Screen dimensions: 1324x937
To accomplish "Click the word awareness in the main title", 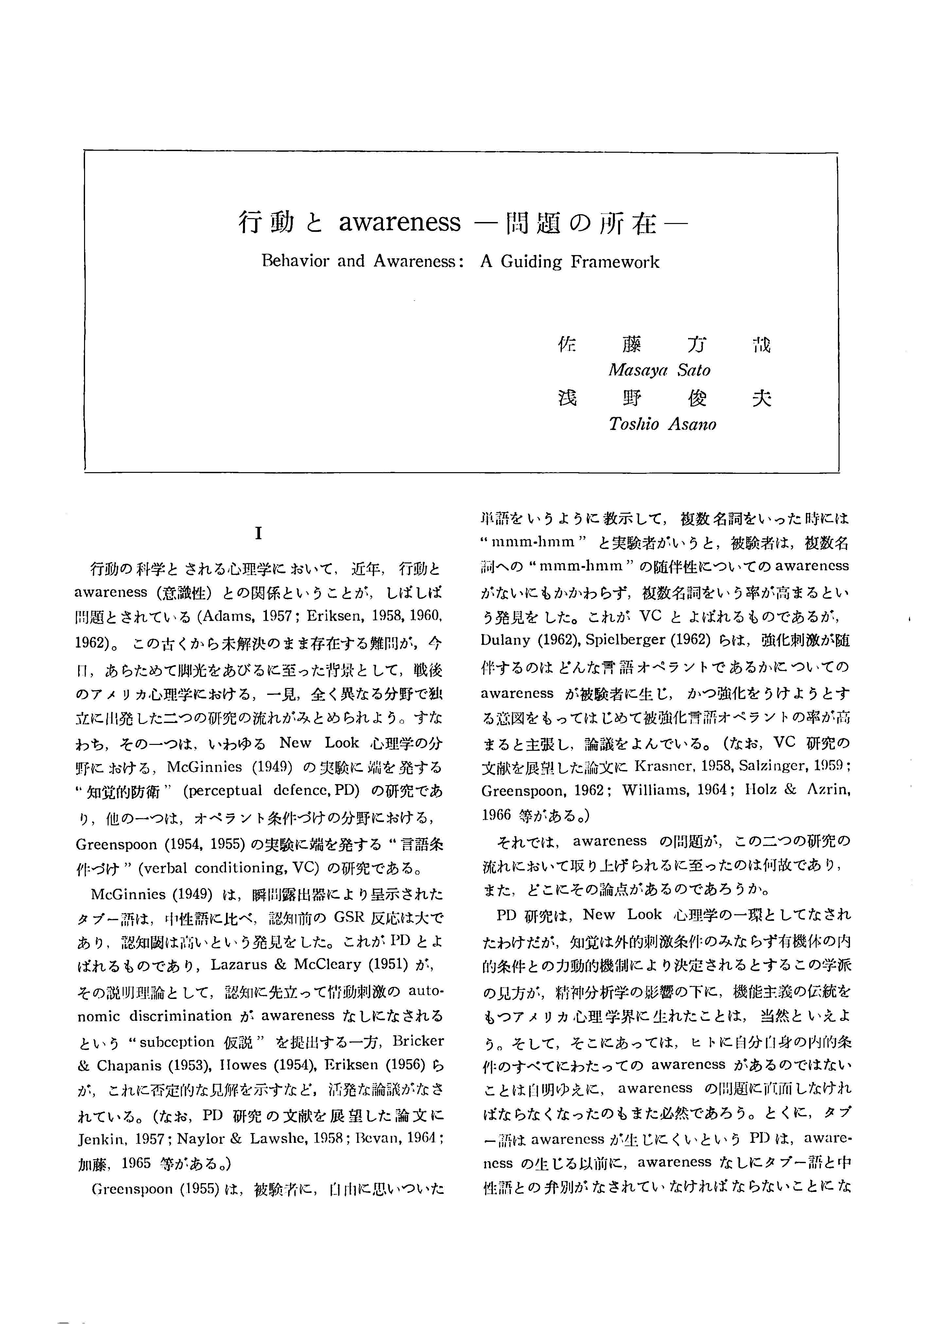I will (x=399, y=222).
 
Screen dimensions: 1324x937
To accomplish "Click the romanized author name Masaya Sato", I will (x=659, y=370).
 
